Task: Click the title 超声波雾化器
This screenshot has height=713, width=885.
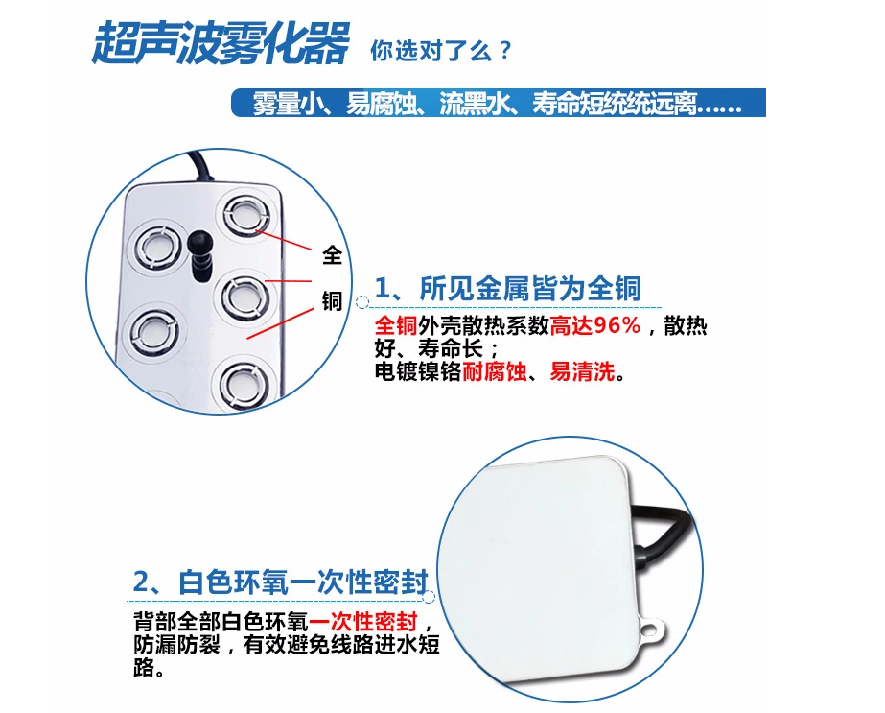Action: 220,44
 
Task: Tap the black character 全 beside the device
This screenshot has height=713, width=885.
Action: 333,254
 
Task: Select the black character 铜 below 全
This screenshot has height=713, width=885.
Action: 333,301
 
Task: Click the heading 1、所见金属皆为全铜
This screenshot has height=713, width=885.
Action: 507,288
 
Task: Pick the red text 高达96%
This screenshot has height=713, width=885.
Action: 594,326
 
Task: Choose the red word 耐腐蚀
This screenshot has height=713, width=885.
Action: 495,371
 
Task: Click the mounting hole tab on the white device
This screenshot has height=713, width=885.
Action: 656,630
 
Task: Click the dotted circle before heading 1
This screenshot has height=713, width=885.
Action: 362,302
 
